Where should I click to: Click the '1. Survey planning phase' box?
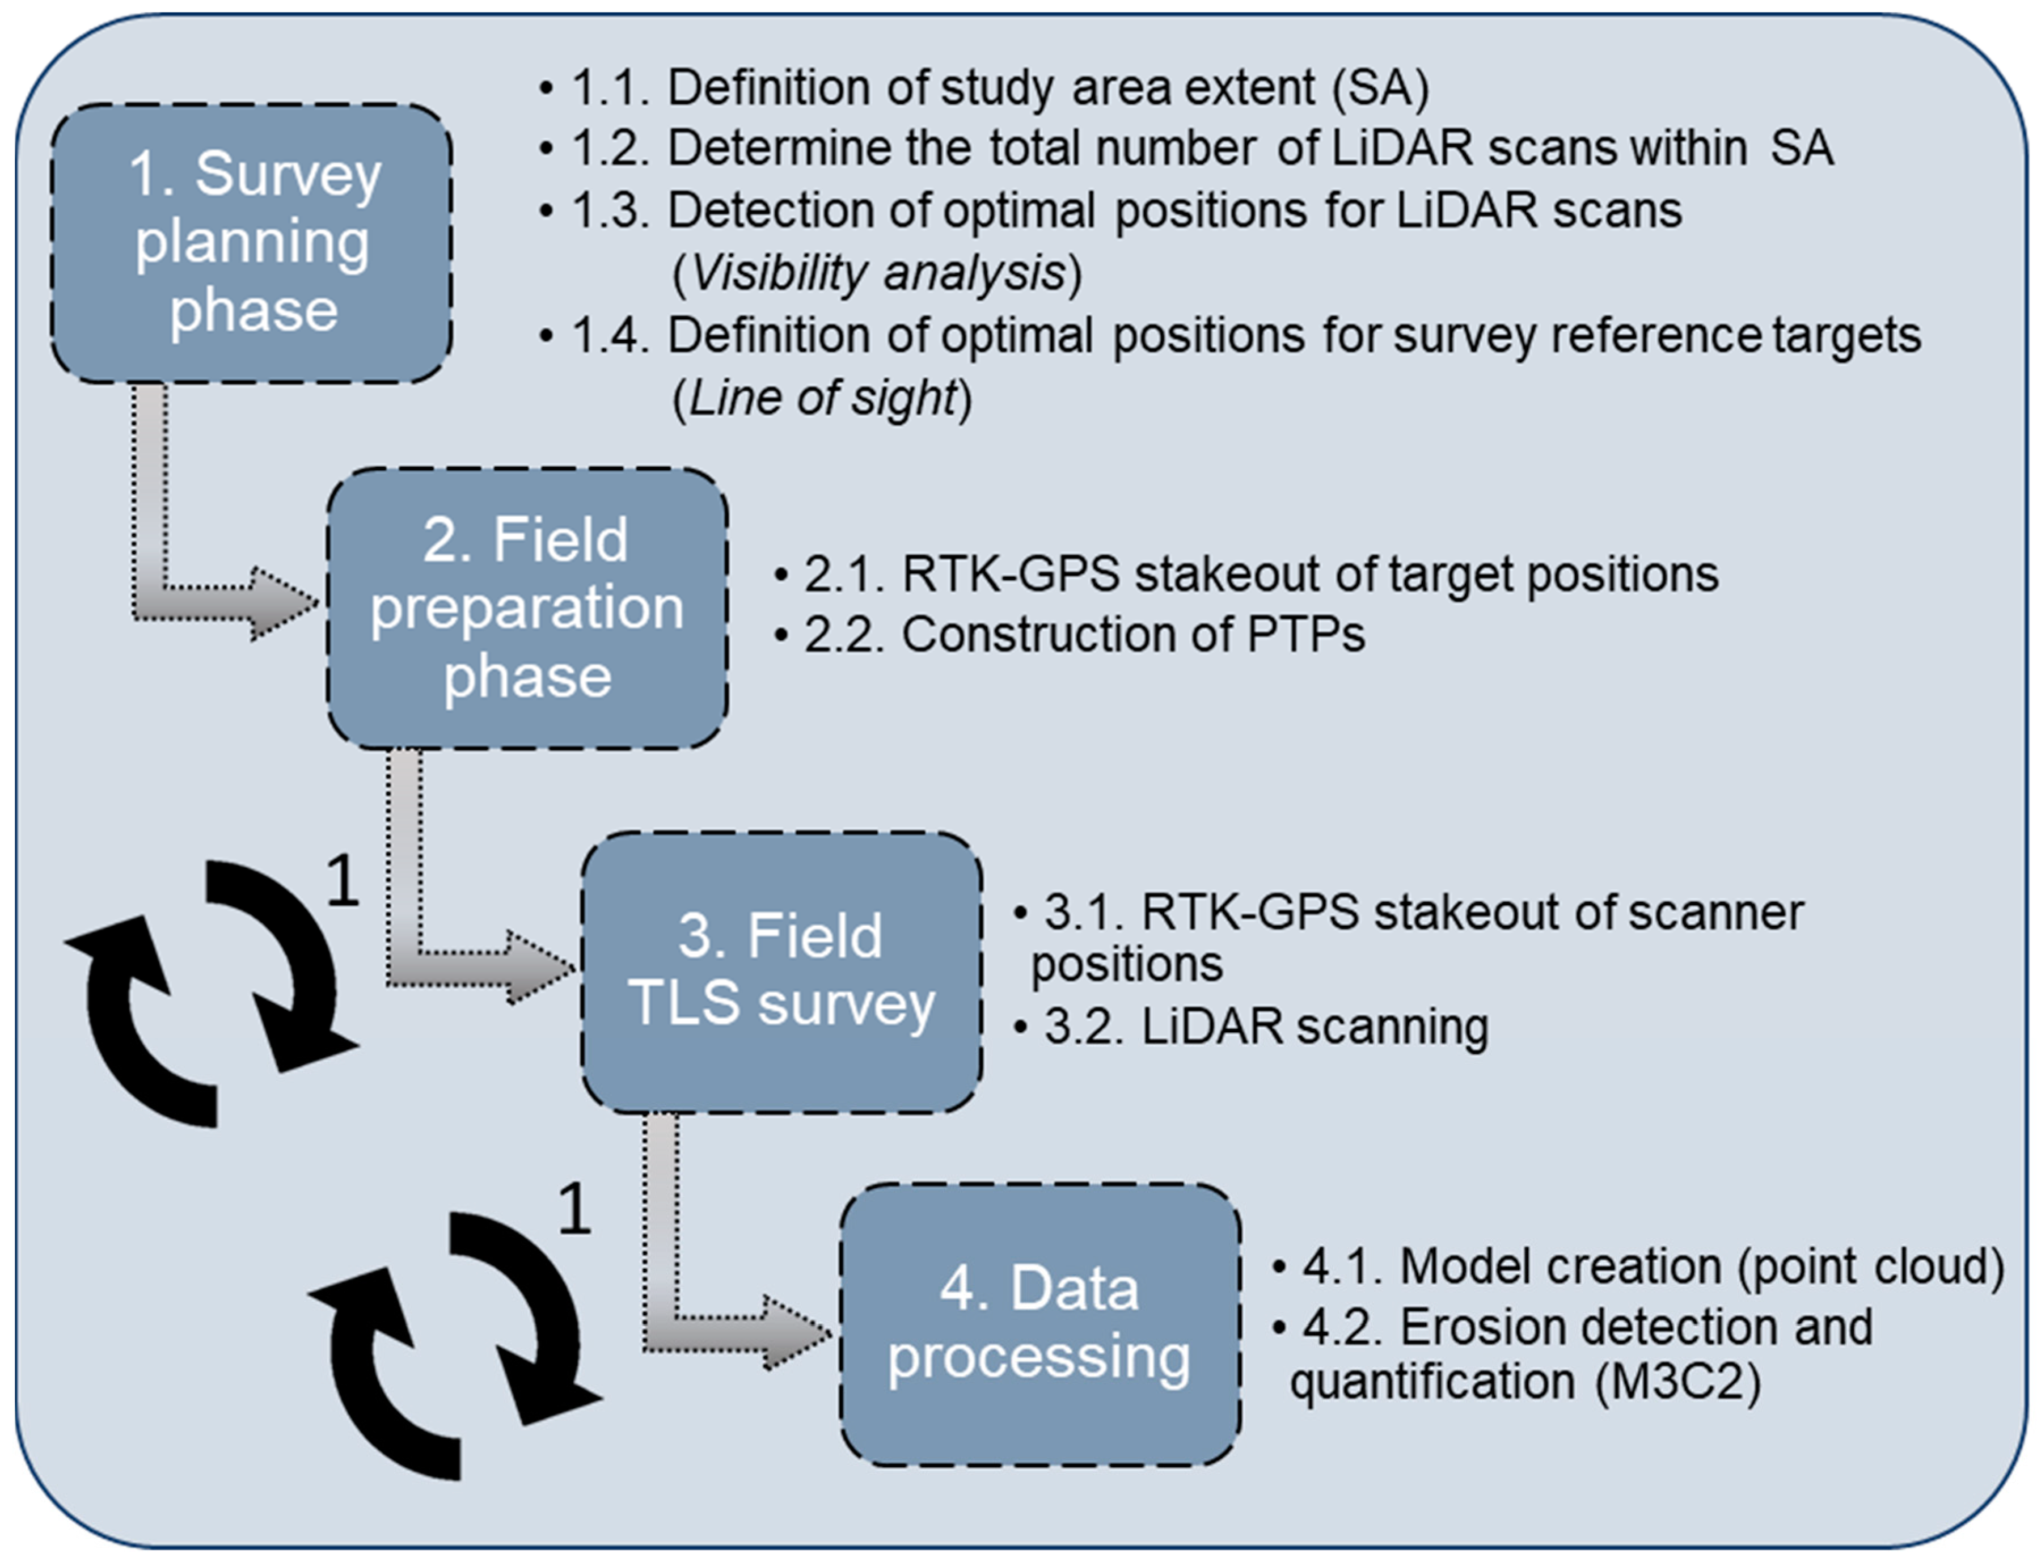coord(251,243)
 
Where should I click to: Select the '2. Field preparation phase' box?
coord(526,608)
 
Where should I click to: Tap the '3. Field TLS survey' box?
coord(781,972)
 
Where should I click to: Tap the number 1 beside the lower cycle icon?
coord(574,1209)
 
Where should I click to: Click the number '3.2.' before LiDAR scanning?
coord(1085,1027)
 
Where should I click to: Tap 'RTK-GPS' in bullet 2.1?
coord(1009,573)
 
